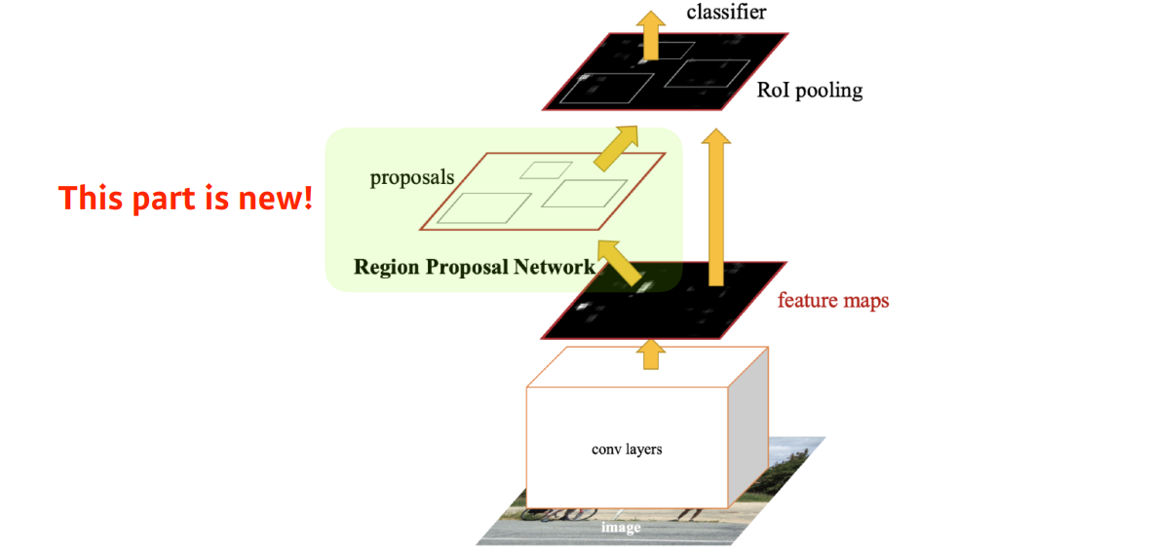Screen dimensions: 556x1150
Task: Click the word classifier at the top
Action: click(727, 12)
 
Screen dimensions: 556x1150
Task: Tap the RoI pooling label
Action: click(809, 91)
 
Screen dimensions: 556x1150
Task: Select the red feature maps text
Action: click(832, 300)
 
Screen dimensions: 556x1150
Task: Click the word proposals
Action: click(412, 178)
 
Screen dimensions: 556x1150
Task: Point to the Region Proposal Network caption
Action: click(474, 267)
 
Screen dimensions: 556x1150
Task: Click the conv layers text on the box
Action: click(627, 450)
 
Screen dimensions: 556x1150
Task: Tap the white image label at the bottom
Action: click(621, 528)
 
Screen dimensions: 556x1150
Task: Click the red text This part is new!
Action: click(186, 198)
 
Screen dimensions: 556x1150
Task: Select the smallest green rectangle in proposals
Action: click(545, 169)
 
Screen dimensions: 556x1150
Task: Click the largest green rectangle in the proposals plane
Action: click(482, 207)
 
